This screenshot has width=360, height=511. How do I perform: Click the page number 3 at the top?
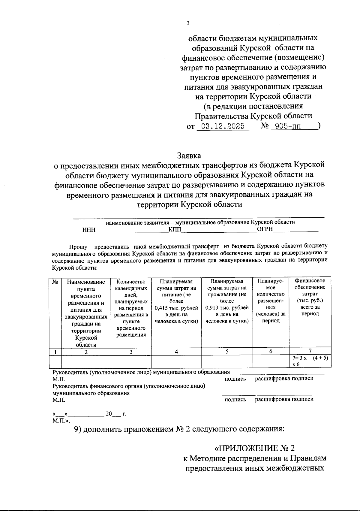(188, 23)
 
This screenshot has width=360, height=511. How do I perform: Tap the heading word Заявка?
(189, 156)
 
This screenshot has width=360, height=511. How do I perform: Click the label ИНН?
(89, 230)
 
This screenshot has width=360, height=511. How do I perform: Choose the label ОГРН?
(265, 229)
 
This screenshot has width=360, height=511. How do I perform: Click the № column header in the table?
(55, 282)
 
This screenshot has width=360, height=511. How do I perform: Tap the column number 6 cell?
(271, 352)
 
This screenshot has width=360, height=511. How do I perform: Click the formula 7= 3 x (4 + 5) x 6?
(310, 361)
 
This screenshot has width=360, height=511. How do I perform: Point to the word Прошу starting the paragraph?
(78, 247)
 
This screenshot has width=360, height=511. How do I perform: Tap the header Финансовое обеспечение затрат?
(310, 287)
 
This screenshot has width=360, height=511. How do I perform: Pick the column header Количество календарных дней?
(131, 288)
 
